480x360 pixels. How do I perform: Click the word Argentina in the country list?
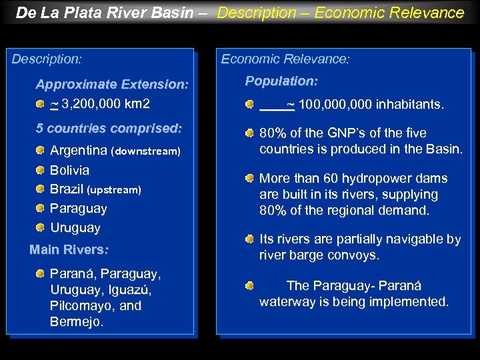(x=79, y=151)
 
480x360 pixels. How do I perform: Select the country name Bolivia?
(x=69, y=170)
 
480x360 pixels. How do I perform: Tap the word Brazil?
(x=67, y=189)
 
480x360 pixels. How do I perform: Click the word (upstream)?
(x=114, y=190)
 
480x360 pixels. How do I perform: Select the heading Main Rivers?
(x=69, y=250)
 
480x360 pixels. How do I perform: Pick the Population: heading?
(x=281, y=81)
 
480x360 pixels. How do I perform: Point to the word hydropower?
(x=385, y=179)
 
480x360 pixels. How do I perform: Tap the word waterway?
(x=287, y=302)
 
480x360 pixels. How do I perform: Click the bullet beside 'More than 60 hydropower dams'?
(x=249, y=179)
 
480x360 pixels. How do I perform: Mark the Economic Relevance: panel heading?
(x=285, y=59)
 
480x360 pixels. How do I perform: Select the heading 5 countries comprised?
(x=109, y=128)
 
